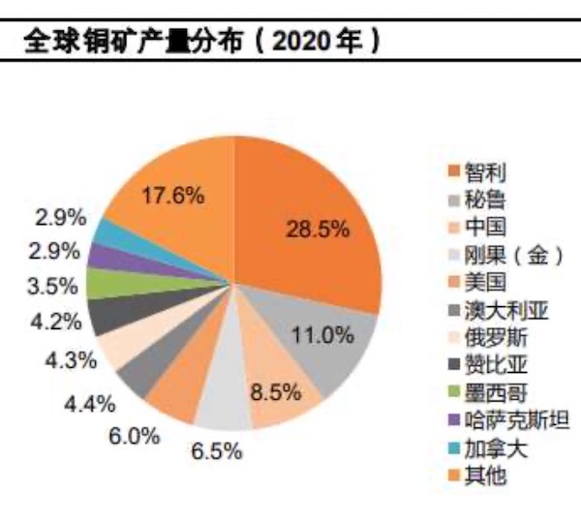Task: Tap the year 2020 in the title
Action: tap(302, 42)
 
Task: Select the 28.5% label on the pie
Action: tap(317, 230)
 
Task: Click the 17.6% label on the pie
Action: tap(171, 195)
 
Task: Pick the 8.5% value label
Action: tap(270, 394)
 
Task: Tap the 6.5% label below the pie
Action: tap(216, 451)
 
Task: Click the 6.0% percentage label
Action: tap(133, 436)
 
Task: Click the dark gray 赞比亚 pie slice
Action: tap(104, 314)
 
